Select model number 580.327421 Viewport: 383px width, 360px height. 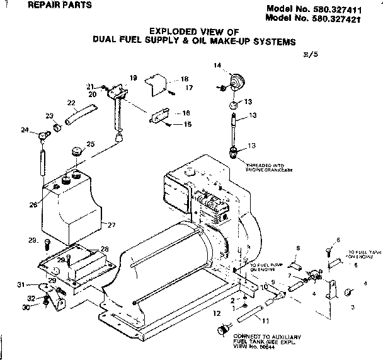pyautogui.click(x=321, y=18)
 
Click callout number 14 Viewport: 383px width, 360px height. pyautogui.click(x=217, y=65)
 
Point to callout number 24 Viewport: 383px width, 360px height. pyautogui.click(x=25, y=130)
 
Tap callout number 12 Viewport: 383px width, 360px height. pyautogui.click(x=216, y=313)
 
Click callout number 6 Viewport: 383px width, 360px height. pyautogui.click(x=338, y=240)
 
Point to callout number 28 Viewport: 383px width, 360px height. pyautogui.click(x=105, y=249)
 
